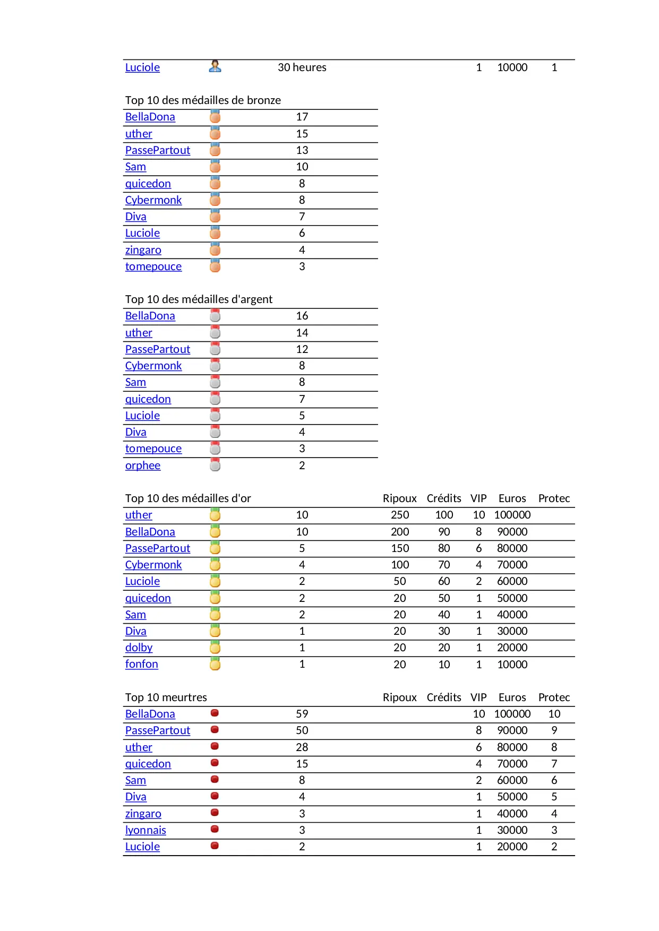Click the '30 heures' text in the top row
coord(302,67)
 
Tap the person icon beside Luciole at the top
coord(215,66)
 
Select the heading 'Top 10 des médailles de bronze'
coord(203,100)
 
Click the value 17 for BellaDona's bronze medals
coord(302,117)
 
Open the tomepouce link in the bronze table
coord(153,266)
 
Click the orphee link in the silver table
coord(142,465)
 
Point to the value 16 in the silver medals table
coord(302,316)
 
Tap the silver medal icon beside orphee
coord(215,465)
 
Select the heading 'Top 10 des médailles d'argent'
coord(199,299)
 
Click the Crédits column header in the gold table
coord(443,498)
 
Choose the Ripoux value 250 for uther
coord(400,515)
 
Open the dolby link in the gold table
coord(139,648)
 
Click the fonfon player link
coord(141,664)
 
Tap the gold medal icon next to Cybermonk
coord(215,564)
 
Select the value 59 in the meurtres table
coord(302,714)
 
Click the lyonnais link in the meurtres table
coord(146,830)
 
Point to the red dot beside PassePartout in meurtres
coord(215,730)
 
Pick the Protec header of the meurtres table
coord(554,697)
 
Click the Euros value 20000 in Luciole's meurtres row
coord(512,847)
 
